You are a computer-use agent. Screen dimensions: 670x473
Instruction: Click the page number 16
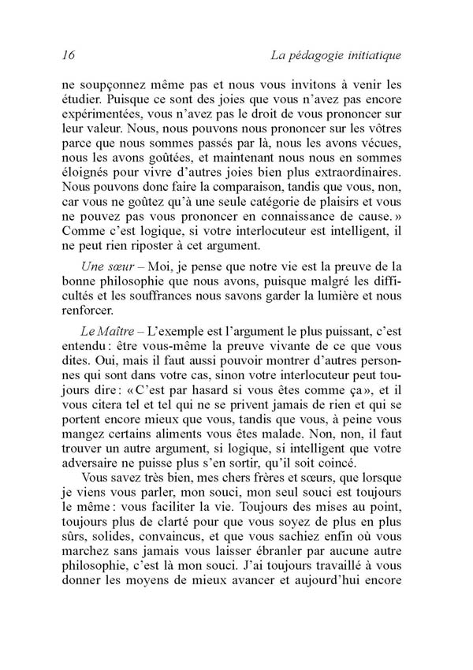tap(67, 55)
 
